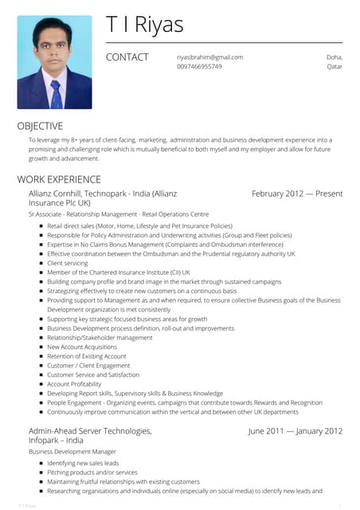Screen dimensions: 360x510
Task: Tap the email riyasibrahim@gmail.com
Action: (x=209, y=57)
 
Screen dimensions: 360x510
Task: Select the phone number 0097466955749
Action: (x=199, y=67)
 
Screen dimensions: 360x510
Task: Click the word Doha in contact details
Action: (x=335, y=57)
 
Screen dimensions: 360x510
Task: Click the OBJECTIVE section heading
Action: (x=40, y=125)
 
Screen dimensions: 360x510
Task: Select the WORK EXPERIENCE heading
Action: (x=59, y=179)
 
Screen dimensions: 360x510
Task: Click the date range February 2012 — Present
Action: (x=296, y=194)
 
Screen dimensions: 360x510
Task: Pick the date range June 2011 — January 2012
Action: (x=295, y=431)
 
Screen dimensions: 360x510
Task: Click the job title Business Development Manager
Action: (x=72, y=452)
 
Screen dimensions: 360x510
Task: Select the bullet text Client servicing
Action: (x=68, y=263)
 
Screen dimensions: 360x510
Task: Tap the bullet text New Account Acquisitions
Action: (x=82, y=347)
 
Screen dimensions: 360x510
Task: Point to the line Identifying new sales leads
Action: (x=83, y=463)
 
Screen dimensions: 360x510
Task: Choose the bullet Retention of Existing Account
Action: (x=87, y=356)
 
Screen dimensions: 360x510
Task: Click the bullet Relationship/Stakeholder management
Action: (x=100, y=338)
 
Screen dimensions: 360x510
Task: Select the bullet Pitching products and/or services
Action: (x=92, y=473)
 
